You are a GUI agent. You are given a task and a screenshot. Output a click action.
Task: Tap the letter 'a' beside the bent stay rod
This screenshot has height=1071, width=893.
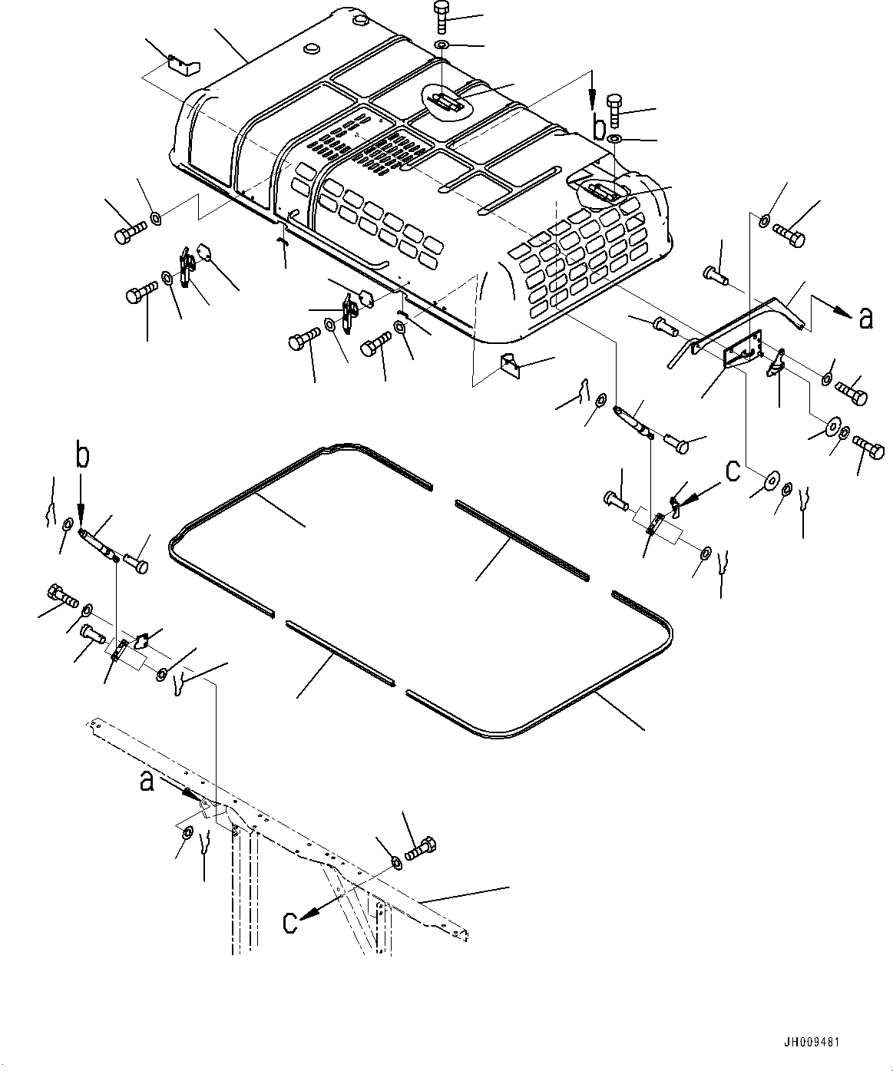tap(865, 317)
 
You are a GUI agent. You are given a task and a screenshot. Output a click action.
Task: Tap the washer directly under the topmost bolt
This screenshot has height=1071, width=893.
tap(443, 47)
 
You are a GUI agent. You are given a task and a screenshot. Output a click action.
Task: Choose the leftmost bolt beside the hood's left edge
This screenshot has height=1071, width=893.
tap(126, 233)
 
